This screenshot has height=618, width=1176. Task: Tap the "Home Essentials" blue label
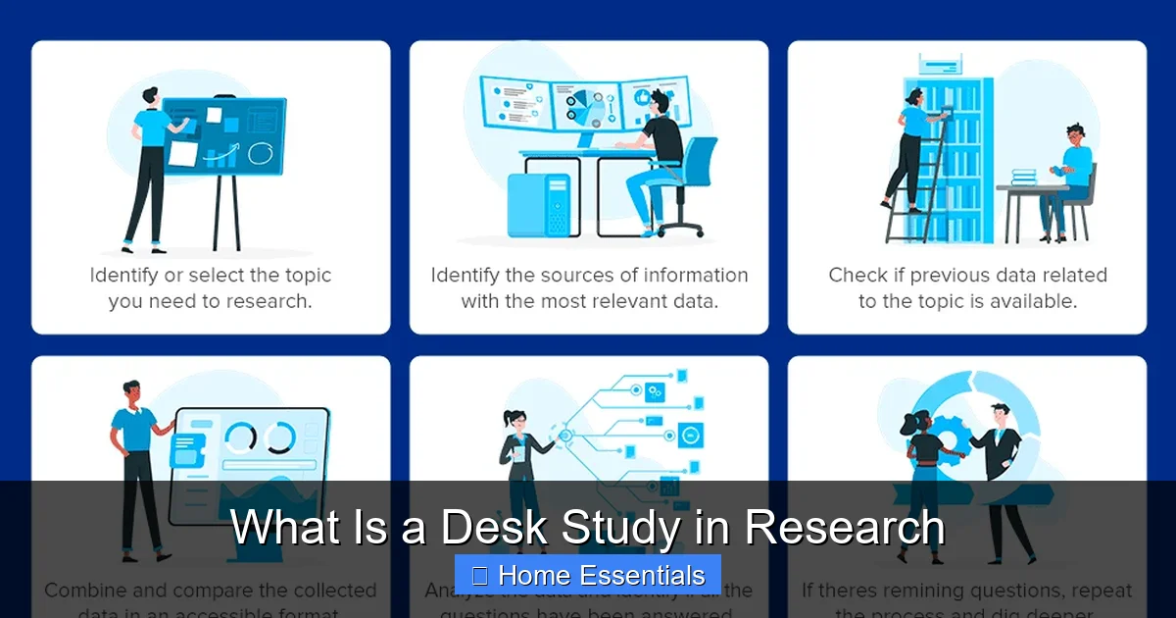pyautogui.click(x=588, y=575)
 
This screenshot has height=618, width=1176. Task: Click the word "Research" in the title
pyautogui.click(x=845, y=528)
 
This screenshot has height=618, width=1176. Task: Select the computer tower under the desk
pyautogui.click(x=538, y=205)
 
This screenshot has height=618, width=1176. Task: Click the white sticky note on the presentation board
pyautogui.click(x=183, y=153)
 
